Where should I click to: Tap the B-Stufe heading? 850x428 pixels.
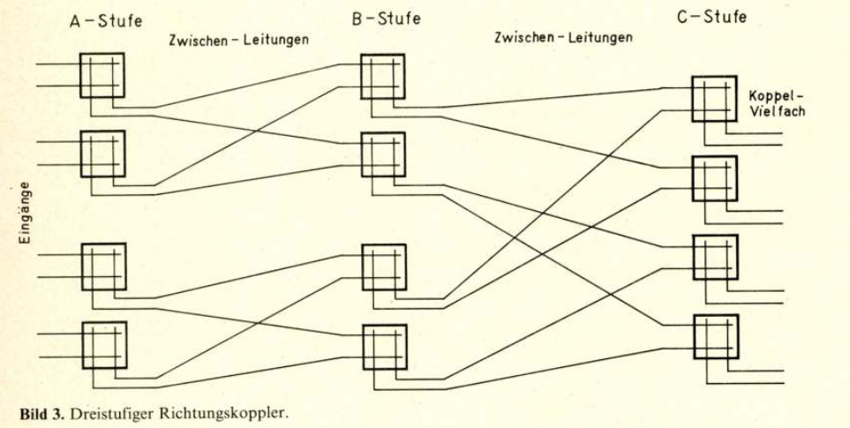[x=387, y=18]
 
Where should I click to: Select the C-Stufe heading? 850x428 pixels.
[x=712, y=16]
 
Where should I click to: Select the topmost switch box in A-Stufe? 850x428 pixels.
[x=102, y=75]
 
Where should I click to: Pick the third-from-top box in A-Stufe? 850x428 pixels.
[x=104, y=266]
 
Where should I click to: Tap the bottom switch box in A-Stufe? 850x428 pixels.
[x=104, y=342]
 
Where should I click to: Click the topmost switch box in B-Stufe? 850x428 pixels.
[x=382, y=76]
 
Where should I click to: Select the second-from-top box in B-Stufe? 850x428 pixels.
[x=383, y=154]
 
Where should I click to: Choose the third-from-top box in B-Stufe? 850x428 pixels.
[x=384, y=267]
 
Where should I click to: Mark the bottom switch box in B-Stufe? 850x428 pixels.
[x=385, y=346]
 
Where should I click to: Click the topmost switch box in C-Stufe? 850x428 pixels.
[x=713, y=98]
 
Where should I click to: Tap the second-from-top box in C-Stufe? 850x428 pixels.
[x=713, y=177]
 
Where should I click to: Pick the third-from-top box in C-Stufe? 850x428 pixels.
[x=714, y=256]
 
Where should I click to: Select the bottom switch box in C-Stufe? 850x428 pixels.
[x=715, y=335]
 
